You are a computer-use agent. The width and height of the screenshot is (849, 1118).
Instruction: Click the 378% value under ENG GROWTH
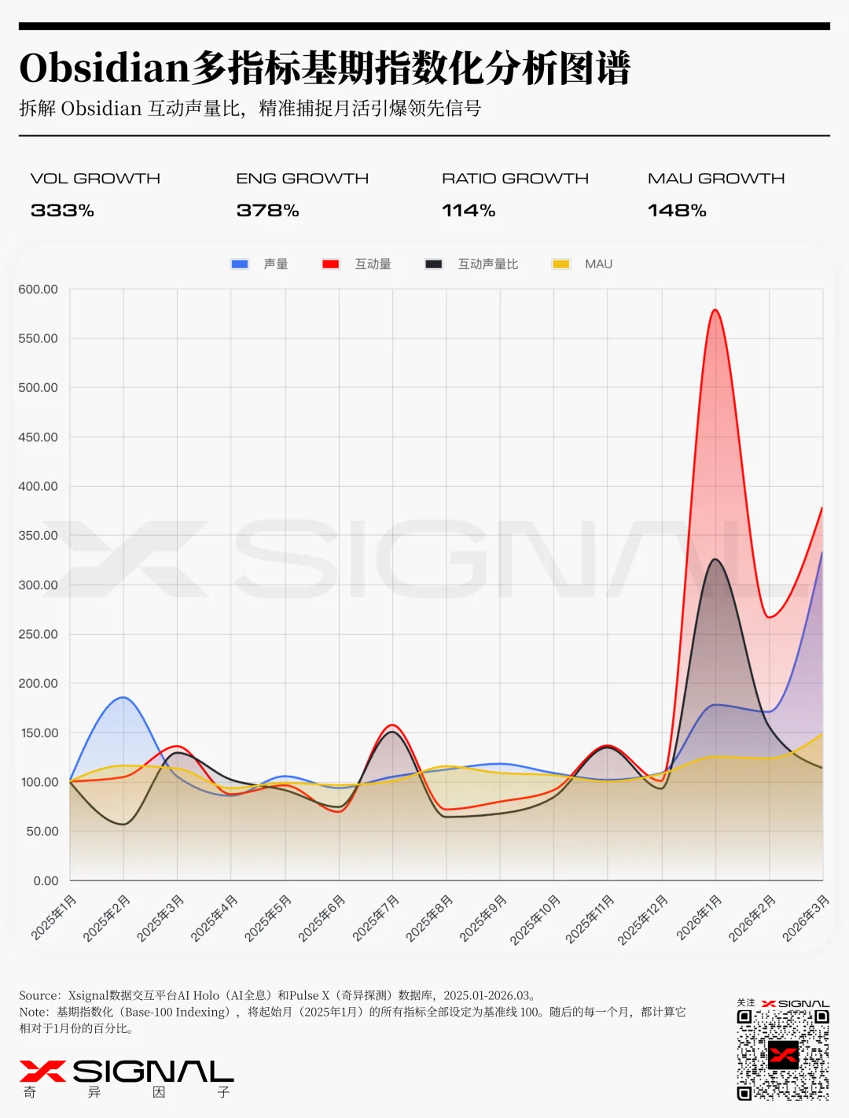click(267, 211)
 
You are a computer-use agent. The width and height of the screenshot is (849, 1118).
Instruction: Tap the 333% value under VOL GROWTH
click(62, 211)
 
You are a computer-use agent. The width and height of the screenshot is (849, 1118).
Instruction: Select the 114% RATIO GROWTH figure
click(469, 211)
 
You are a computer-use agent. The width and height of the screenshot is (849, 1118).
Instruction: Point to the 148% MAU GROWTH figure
click(677, 211)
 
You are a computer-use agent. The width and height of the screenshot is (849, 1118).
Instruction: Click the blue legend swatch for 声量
click(240, 264)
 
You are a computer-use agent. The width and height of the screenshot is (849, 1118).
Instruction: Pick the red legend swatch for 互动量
click(330, 264)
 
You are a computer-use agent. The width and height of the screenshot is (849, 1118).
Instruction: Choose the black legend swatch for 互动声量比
click(433, 264)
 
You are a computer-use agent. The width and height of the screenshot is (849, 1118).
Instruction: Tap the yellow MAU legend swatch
click(560, 264)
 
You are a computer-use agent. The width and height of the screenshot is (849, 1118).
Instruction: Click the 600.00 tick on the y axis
click(39, 290)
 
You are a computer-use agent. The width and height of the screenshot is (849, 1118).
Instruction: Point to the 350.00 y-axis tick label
click(39, 536)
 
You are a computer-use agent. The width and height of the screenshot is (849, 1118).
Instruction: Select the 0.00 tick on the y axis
click(46, 881)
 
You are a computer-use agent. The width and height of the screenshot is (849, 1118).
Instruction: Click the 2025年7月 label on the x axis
click(376, 917)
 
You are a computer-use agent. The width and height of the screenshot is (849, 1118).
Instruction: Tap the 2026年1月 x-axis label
click(699, 917)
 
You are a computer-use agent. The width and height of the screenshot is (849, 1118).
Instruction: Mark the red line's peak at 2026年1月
click(715, 310)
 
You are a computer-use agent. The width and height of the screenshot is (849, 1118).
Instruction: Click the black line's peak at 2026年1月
click(715, 559)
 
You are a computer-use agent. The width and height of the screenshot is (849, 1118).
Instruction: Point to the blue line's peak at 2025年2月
click(123, 697)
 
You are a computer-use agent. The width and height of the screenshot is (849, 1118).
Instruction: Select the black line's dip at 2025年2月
click(123, 824)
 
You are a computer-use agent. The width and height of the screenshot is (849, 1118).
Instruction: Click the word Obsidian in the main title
click(105, 68)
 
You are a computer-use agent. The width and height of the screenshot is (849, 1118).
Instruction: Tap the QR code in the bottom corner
click(782, 1054)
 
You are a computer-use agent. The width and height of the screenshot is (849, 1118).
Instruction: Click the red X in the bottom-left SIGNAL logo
click(42, 1071)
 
